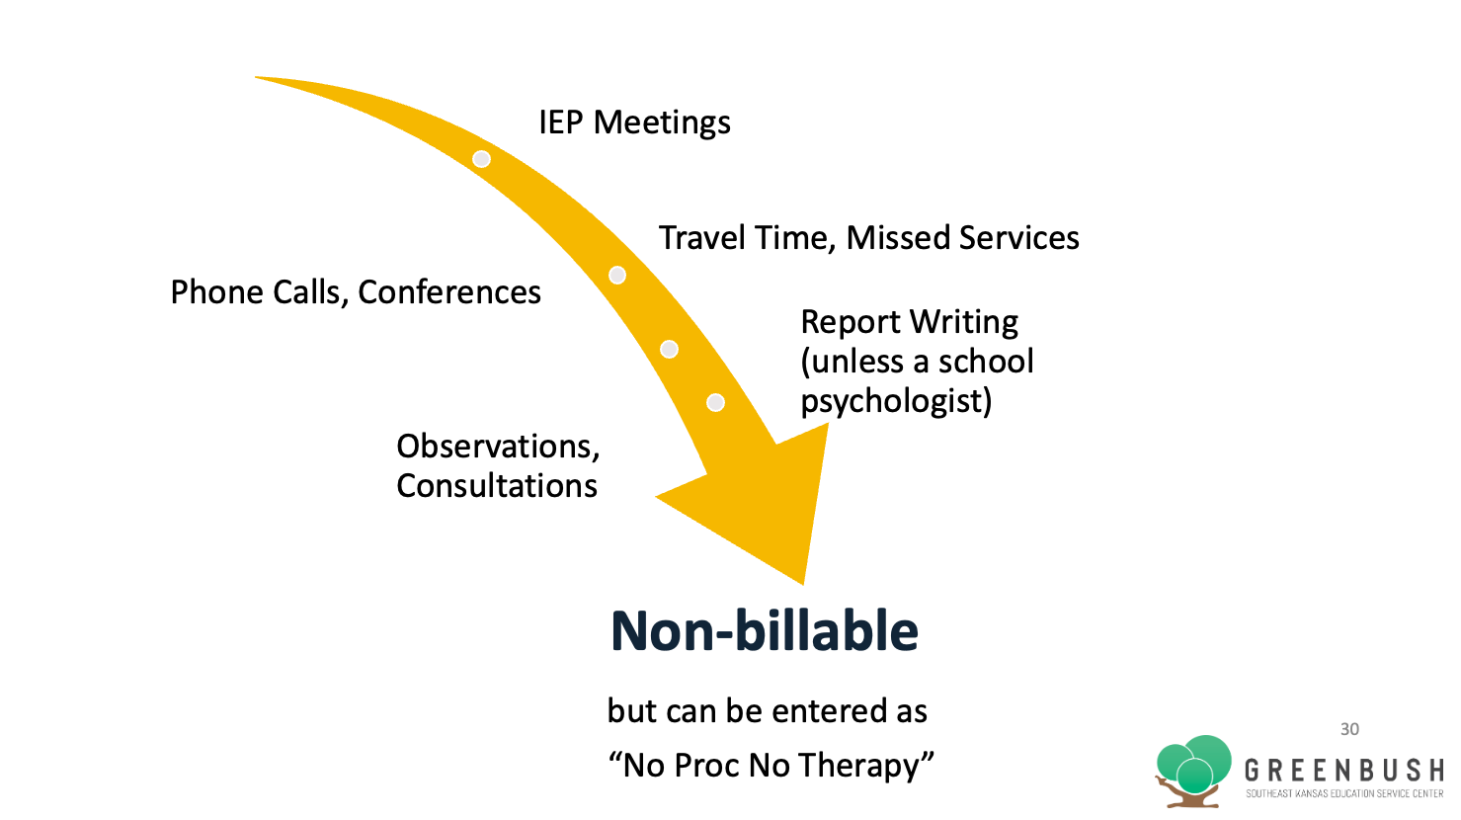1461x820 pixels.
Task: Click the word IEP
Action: click(x=560, y=123)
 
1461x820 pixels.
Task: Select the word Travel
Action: click(x=701, y=237)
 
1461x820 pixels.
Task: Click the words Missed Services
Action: click(x=963, y=237)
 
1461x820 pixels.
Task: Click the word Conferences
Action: click(x=449, y=291)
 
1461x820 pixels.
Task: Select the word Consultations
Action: click(x=497, y=486)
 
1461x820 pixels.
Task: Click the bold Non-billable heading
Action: click(x=765, y=631)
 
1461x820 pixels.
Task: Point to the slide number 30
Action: click(x=1349, y=729)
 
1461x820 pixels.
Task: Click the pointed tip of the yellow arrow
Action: click(x=803, y=585)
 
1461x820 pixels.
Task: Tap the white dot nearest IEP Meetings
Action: click(x=481, y=159)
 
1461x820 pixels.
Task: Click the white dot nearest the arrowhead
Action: click(x=715, y=402)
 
